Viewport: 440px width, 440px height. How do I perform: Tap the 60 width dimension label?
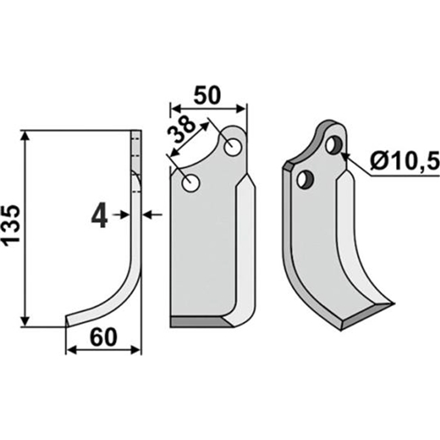coord(103,337)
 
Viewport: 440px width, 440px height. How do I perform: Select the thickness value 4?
coord(99,216)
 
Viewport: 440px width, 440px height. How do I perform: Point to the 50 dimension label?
coord(207,95)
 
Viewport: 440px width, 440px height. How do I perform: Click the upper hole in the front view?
coord(233,146)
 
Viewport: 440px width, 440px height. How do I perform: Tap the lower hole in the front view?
coord(191,183)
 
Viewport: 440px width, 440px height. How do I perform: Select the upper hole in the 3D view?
coord(334,145)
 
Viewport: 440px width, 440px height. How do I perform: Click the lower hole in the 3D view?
coord(305,180)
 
